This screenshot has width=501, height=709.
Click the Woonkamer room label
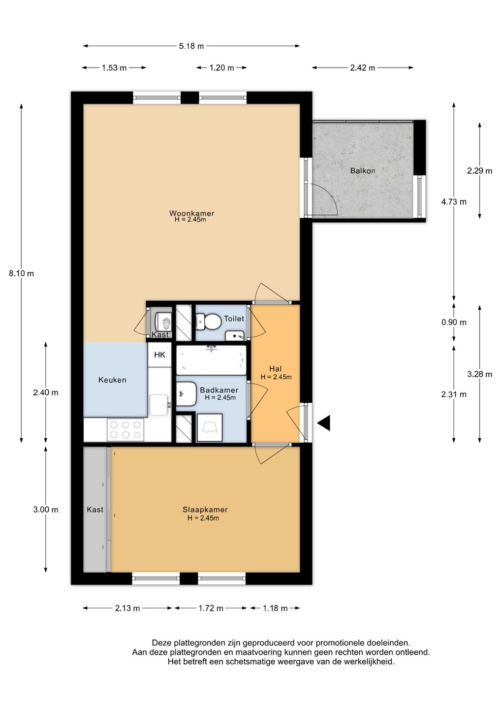(191, 213)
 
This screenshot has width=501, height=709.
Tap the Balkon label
(363, 171)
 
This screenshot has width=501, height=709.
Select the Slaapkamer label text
(205, 510)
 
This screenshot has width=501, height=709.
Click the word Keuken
(112, 380)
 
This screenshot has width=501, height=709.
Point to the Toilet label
(234, 319)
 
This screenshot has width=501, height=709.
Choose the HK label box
(160, 355)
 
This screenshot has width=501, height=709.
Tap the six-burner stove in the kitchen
(125, 429)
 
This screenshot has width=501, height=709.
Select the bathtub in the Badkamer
(211, 360)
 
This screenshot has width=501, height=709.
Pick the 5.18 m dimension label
(191, 46)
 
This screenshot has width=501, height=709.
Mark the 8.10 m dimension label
(21, 273)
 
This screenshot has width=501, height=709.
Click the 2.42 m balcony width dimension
(363, 68)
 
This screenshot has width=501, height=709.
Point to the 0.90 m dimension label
(454, 322)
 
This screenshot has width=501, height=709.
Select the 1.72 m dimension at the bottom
(211, 609)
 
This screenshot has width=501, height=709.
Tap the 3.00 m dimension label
(46, 510)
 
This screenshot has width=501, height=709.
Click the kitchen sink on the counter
(160, 405)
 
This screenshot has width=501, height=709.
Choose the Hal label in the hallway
(276, 369)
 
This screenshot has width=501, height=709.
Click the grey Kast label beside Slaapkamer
(95, 510)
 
